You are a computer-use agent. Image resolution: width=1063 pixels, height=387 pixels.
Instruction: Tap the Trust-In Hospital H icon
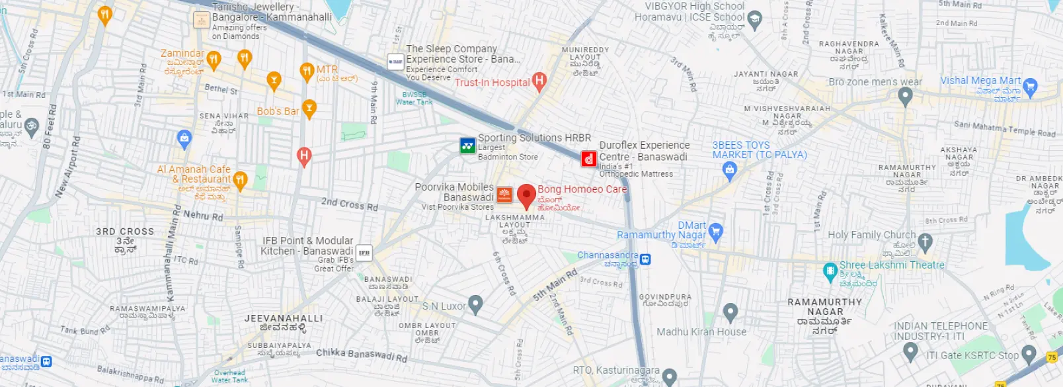coord(539,81)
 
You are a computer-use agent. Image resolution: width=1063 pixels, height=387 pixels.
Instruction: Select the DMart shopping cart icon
coord(715,232)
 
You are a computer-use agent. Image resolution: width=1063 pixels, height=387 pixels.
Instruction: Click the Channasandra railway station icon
coord(645,259)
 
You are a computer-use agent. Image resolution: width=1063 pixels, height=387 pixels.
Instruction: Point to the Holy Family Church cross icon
coord(925,241)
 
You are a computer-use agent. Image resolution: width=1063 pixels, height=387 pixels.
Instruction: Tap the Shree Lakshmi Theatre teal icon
coord(830,271)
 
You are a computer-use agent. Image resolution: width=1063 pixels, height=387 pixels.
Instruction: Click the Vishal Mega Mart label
coord(980,81)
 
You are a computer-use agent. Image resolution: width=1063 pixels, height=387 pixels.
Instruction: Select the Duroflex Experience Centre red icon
coord(588,159)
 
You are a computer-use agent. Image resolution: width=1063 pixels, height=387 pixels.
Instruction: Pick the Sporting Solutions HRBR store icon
coord(468,146)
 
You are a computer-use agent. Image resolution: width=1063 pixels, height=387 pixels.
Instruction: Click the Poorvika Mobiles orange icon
coord(504,194)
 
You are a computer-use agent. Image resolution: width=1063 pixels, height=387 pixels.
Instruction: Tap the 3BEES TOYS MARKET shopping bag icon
coord(730,170)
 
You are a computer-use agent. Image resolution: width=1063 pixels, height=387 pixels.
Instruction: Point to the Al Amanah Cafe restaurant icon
coord(241,179)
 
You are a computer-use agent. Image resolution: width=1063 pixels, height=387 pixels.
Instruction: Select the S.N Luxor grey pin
coord(475,304)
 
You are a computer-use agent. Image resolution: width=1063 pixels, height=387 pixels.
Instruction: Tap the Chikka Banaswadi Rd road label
coord(361,355)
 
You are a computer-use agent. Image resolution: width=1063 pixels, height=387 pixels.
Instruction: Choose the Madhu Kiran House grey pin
coord(730,311)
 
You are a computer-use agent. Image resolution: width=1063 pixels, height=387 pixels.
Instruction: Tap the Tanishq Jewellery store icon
coord(202,20)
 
